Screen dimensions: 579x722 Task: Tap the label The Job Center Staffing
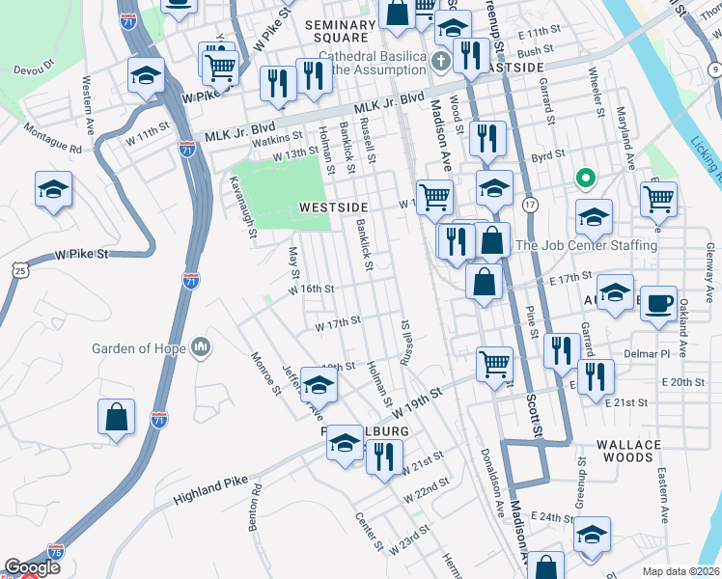click(x=586, y=245)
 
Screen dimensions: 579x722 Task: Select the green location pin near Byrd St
click(x=584, y=179)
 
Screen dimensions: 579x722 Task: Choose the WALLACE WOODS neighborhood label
click(x=628, y=452)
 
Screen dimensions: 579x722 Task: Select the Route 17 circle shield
click(x=530, y=205)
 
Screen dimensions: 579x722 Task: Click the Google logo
click(x=32, y=567)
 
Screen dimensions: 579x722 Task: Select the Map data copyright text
click(x=681, y=571)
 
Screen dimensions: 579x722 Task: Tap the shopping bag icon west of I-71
click(x=116, y=418)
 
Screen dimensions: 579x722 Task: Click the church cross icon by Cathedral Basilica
click(x=440, y=65)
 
